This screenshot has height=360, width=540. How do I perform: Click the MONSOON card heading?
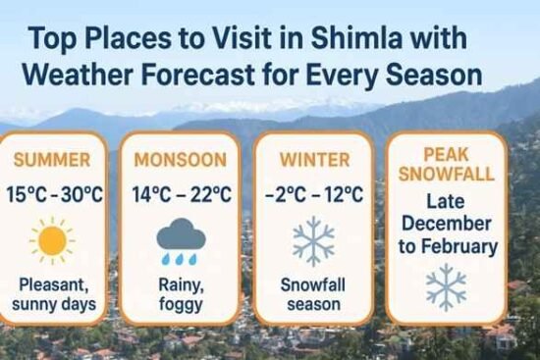click(x=181, y=160)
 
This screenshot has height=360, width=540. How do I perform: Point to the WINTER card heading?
click(x=313, y=160)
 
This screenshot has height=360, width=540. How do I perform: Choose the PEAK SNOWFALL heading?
click(x=447, y=164)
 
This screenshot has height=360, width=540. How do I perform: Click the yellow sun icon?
click(x=52, y=240)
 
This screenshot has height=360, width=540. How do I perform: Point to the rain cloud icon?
click(x=181, y=239)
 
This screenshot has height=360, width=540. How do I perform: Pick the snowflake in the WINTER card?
click(x=313, y=241)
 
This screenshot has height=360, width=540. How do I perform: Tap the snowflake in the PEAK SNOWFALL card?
click(x=447, y=287)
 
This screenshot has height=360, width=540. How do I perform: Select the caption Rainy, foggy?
click(x=181, y=295)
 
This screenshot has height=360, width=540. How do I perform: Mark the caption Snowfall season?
click(x=313, y=295)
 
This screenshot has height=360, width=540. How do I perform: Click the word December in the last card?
click(x=447, y=225)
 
